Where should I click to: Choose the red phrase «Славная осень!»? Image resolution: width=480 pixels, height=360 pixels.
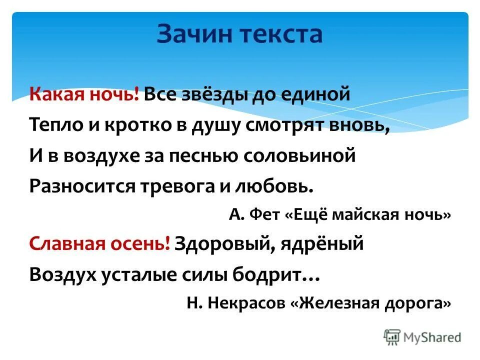100,244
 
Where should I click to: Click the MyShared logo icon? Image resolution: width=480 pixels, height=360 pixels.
392,336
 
